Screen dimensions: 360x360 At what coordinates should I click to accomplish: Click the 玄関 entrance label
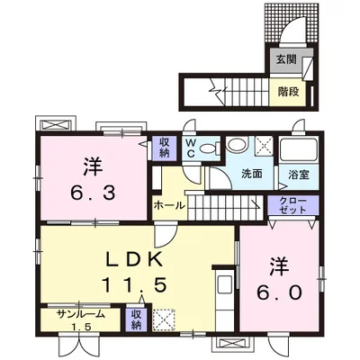[x=286, y=59]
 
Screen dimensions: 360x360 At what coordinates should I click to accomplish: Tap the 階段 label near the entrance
[x=288, y=92]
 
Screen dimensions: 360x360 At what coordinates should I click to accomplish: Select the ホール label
[x=169, y=206]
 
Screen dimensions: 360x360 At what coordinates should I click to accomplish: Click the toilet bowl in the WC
[x=209, y=148]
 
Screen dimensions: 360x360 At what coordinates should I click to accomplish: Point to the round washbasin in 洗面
[x=236, y=144]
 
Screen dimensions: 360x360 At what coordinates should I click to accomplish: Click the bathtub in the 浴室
[x=298, y=150]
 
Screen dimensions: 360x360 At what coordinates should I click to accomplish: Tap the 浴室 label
[x=299, y=175]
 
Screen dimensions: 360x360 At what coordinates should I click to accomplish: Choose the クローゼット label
[x=292, y=205]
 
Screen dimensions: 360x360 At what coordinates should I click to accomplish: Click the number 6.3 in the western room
[x=93, y=193]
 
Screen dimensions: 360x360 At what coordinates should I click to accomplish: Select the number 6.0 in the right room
[x=279, y=292]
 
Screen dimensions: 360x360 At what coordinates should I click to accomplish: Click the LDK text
[x=135, y=259]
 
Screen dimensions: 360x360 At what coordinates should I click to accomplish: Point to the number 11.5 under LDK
[x=134, y=284]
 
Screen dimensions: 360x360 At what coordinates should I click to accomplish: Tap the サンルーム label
[x=81, y=314]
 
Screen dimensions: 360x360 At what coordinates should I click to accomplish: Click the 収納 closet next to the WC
[x=164, y=148]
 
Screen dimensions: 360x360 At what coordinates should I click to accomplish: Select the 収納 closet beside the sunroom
[x=137, y=319]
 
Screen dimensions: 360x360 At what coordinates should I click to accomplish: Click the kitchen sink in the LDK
[x=225, y=283]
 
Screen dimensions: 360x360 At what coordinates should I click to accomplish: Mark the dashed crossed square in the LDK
[x=164, y=319]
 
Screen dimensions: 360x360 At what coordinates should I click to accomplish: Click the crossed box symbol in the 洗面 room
[x=264, y=146]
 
